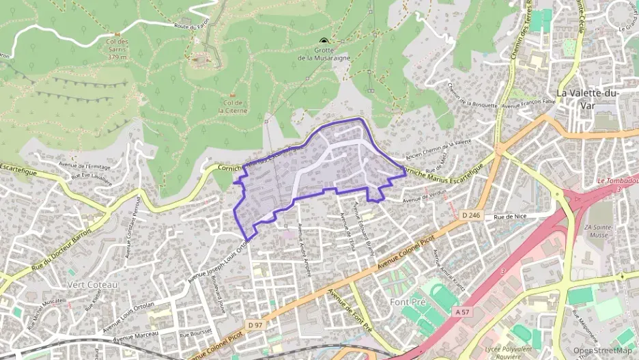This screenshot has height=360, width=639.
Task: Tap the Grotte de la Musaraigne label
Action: pyautogui.click(x=324, y=54)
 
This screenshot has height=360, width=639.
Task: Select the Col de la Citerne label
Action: pyautogui.click(x=232, y=107)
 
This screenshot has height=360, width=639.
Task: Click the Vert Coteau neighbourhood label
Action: pyautogui.click(x=92, y=283)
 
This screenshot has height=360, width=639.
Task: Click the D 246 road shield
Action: pyautogui.click(x=471, y=215)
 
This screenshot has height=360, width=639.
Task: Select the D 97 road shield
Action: pyautogui.click(x=255, y=324)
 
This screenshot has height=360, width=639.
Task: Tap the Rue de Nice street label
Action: pyautogui.click(x=510, y=217)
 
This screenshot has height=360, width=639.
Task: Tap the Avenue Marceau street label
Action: pyautogui.click(x=135, y=335)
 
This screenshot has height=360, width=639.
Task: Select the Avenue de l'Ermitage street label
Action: pyautogui.click(x=85, y=165)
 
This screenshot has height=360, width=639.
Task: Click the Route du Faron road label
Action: pyautogui.click(x=191, y=27)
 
